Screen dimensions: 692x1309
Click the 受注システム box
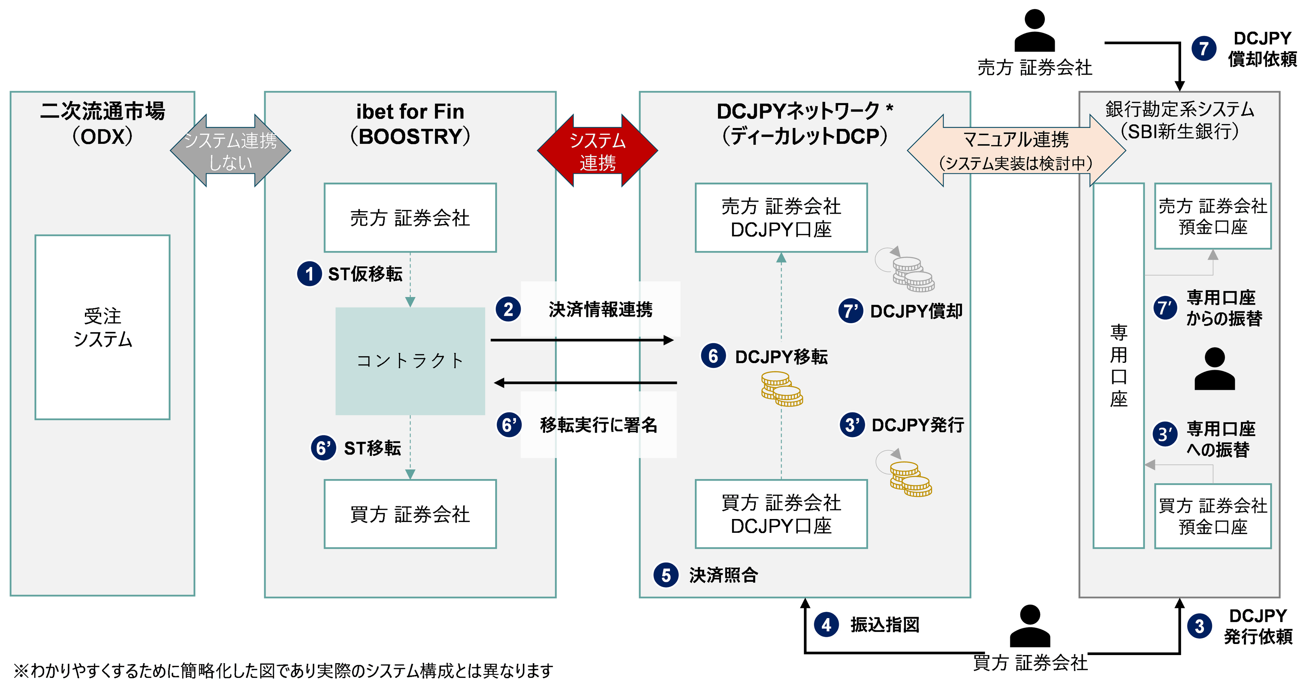point(102,327)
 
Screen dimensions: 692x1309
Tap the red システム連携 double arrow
point(597,151)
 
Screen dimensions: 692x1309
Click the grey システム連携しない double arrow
point(230,151)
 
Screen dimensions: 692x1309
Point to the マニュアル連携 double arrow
point(1016,150)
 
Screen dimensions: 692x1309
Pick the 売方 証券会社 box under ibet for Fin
point(410,218)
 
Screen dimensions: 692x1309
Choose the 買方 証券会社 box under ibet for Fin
point(410,514)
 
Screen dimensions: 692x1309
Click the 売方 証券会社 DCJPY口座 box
point(781,218)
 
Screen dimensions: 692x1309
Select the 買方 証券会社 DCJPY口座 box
point(781,514)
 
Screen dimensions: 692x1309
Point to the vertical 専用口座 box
point(1118,365)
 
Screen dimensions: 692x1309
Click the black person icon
point(1214,369)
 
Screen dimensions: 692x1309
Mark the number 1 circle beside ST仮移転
point(309,274)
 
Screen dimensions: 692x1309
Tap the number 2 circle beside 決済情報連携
point(508,309)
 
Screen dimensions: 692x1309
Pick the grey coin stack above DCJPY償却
point(913,274)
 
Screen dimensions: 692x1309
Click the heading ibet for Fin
point(410,111)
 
